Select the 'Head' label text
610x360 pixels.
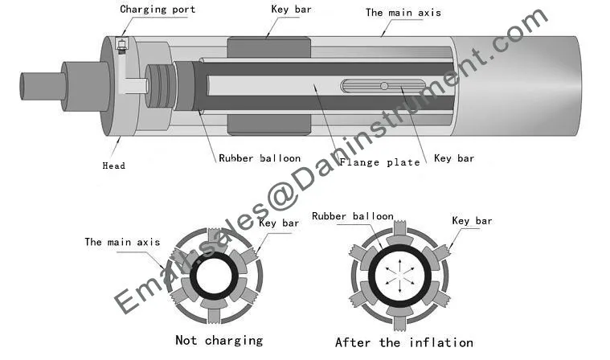113,166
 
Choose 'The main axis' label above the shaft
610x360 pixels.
403,13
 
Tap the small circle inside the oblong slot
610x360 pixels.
384,86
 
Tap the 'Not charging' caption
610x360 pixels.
219,340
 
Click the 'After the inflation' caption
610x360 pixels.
403,342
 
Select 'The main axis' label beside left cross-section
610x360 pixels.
122,241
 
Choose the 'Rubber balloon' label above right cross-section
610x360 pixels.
353,216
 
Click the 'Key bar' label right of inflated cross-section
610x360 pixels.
472,221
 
